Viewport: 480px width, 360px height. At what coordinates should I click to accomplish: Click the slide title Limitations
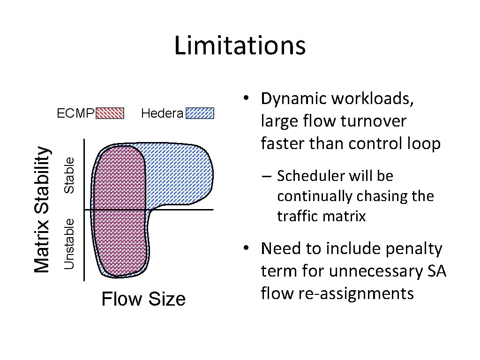click(240, 46)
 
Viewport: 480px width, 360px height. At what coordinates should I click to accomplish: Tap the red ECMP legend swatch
click(110, 113)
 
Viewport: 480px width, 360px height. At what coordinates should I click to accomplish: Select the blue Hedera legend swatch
click(200, 113)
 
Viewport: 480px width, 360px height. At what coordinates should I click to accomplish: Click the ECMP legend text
click(75, 113)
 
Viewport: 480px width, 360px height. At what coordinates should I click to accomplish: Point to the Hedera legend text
click(162, 113)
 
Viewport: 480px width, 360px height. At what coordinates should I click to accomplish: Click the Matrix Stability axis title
click(43, 210)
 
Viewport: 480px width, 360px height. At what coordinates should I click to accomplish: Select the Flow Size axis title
click(143, 299)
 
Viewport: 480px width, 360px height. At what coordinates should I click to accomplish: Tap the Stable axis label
click(70, 174)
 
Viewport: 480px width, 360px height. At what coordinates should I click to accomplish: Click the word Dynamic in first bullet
click(293, 99)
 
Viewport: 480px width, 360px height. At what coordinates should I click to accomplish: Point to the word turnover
click(374, 121)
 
